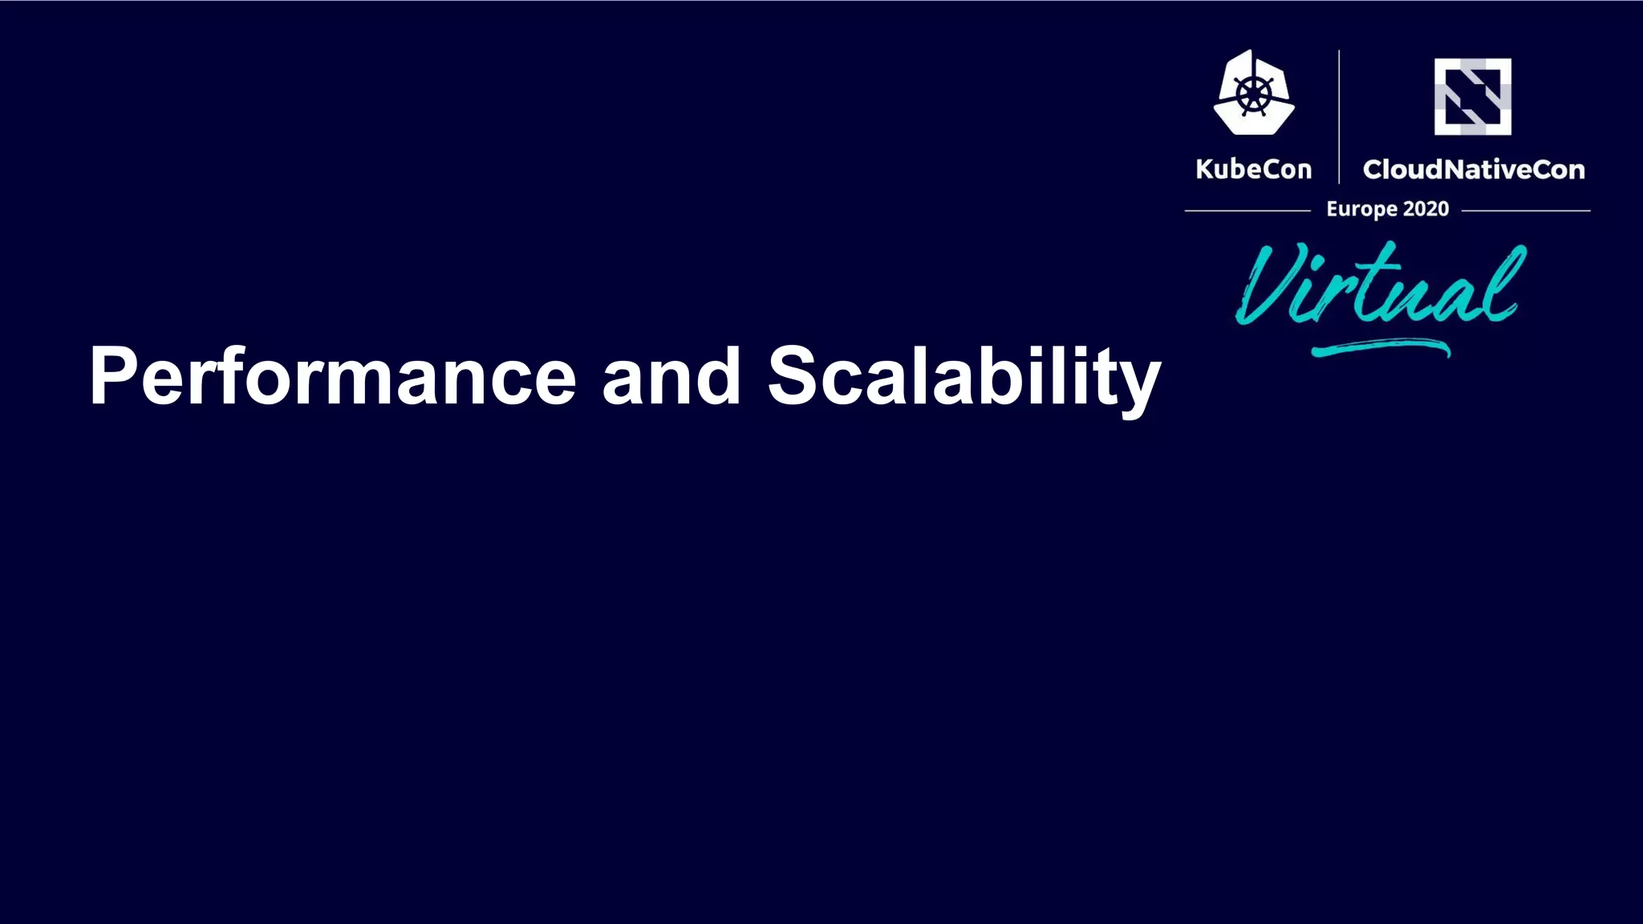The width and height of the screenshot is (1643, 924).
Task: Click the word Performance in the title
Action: tap(332, 377)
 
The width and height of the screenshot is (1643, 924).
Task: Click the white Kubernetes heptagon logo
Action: tap(1254, 93)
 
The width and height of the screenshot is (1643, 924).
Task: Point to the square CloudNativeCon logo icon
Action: tap(1472, 96)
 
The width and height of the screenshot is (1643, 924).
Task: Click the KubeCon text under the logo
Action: tap(1253, 169)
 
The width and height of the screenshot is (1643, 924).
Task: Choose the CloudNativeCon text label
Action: tap(1473, 169)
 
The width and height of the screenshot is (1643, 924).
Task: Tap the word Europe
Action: tap(1361, 209)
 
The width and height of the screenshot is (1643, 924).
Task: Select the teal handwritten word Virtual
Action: tap(1380, 285)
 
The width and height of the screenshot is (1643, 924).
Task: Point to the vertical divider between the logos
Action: tap(1339, 117)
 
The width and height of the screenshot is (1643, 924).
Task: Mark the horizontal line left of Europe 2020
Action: tap(1247, 211)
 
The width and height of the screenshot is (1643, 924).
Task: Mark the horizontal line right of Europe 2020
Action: tap(1525, 211)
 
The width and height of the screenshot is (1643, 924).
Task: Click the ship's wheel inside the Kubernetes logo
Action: tap(1254, 95)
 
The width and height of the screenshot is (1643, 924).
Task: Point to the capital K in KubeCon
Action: tap(1204, 169)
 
